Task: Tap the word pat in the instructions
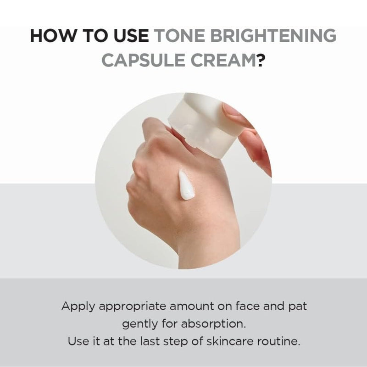click(297, 306)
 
